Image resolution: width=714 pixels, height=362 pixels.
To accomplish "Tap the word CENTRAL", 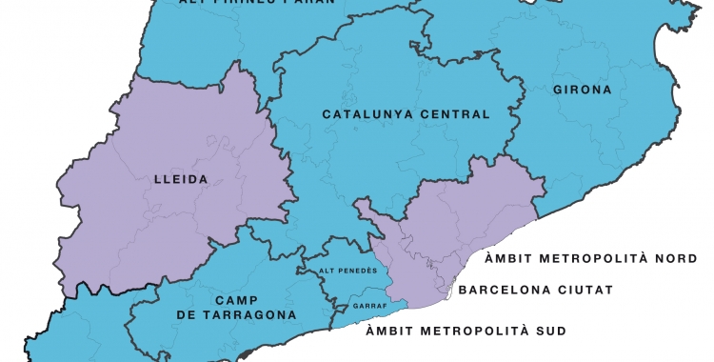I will coord(453,115).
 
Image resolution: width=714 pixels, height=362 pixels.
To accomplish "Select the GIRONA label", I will coord(583,91).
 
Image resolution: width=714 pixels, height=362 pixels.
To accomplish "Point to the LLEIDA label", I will coord(180,178).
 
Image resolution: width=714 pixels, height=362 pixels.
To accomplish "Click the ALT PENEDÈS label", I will coord(348,271).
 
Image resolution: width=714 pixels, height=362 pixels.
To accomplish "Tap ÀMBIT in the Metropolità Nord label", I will coord(511,258).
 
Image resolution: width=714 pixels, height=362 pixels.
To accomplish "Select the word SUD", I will coord(549,332).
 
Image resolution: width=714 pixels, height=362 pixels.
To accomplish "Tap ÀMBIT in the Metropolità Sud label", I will coord(393,332).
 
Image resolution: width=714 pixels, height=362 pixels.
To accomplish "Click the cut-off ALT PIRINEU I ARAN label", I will coord(257,3).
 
